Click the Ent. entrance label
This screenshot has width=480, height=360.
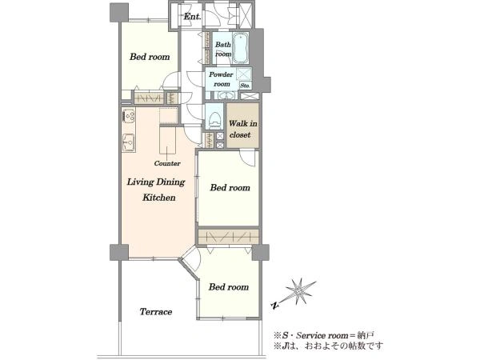click(192, 16)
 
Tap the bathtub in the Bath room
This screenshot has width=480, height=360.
click(241, 48)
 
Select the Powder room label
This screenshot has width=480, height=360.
click(222, 79)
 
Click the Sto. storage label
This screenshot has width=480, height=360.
click(245, 86)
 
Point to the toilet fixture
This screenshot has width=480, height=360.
click(214, 120)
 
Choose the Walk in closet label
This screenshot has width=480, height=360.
click(242, 129)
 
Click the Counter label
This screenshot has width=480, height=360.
click(167, 163)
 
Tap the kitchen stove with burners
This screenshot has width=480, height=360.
click(129, 115)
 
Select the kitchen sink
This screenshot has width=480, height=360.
click(129, 142)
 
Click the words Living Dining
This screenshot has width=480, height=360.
click(156, 182)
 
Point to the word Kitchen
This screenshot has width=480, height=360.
click(159, 197)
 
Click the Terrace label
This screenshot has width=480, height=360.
click(156, 312)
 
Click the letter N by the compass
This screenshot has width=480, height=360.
click(275, 305)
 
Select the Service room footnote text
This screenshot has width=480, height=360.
click(323, 335)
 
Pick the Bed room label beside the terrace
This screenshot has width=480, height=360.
click(229, 287)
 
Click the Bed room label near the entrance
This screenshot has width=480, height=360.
click(150, 57)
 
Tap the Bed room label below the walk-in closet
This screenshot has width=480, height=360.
click(230, 187)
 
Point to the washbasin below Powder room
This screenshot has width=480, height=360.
click(226, 95)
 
